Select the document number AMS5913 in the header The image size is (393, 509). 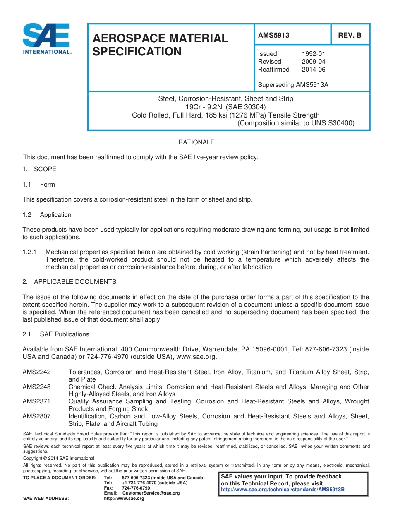point(273,36)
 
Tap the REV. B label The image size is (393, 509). point(350,36)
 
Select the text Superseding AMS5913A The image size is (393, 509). point(293,85)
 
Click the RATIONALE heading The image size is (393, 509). point(196,142)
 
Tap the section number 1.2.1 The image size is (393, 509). point(30,252)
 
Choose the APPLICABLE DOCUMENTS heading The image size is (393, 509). point(75,282)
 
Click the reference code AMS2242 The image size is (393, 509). point(36,372)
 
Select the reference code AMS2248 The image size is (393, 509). point(36,387)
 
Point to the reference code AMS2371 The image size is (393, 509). point(36,401)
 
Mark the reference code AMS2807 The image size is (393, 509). point(36,416)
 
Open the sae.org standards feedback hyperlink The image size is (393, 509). point(283,490)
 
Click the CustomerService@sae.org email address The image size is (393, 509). point(151,493)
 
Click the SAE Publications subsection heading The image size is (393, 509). point(64,334)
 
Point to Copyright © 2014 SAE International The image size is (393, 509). point(59,458)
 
